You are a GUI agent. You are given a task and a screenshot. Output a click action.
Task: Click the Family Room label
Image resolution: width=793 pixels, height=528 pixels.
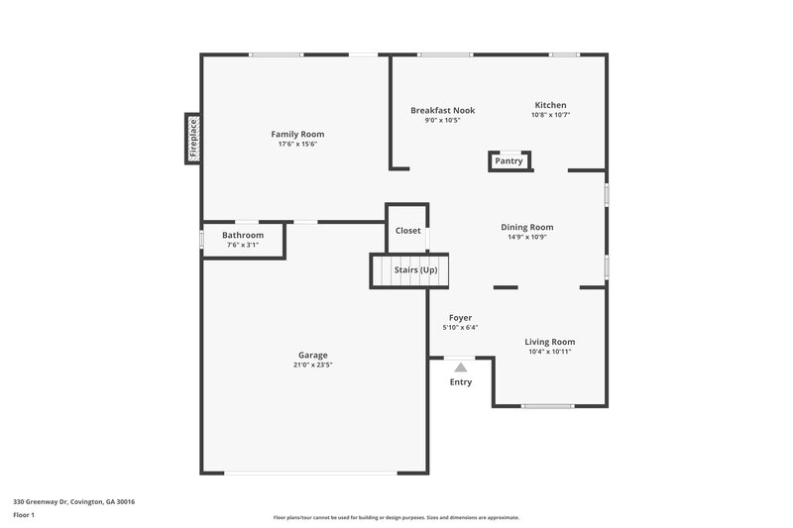coord(297,134)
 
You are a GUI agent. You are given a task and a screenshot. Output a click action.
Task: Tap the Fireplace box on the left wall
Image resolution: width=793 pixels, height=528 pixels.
coord(193,139)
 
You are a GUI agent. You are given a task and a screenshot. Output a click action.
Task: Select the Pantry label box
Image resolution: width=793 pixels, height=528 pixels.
coord(509,161)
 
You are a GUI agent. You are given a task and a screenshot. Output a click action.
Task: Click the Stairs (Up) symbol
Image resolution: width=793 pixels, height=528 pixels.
coord(409,269)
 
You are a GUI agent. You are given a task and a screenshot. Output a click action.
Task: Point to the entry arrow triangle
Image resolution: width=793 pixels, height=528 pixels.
coord(461,367)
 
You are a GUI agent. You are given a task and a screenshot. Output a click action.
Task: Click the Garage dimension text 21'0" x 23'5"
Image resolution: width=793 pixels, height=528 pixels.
coord(313,365)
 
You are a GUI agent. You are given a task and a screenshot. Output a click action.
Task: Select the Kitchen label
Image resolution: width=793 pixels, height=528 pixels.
coord(550,105)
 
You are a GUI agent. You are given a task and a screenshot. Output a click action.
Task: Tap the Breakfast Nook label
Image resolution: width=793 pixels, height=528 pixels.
coord(442,110)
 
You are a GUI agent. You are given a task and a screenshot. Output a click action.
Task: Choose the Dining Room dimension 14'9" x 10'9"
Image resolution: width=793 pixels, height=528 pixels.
coord(526,237)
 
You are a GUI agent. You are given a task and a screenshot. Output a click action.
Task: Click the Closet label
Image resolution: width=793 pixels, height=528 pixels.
coord(407,230)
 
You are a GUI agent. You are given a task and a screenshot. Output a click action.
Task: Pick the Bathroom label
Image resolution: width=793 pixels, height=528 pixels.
coord(243,235)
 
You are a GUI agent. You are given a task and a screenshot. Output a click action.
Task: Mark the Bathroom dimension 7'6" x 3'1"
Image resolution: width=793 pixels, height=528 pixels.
coord(243,245)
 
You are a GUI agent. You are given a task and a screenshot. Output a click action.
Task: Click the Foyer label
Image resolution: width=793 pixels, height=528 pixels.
coord(460,318)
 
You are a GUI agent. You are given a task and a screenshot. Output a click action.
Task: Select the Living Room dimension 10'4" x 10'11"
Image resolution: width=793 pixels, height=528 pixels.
coord(549,351)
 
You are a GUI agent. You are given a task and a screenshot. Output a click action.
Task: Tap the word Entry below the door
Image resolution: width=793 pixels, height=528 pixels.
coord(461,382)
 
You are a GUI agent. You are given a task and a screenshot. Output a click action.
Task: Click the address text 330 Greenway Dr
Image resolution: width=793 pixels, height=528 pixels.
coord(74,501)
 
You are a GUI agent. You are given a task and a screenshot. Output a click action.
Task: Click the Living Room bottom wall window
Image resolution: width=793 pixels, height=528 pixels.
coord(548,406)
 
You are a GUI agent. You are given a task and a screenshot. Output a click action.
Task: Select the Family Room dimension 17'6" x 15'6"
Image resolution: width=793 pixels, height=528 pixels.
coord(297,144)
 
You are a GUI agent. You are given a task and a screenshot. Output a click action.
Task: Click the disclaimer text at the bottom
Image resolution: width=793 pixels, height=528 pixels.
coord(396,517)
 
